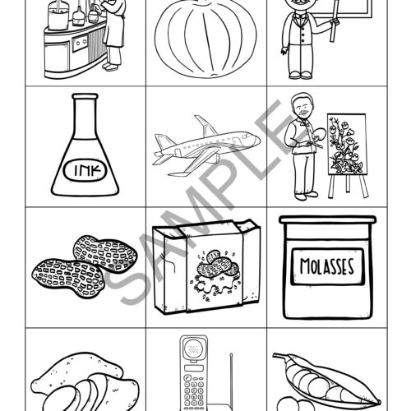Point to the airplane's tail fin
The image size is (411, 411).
pyautogui.click(x=162, y=141)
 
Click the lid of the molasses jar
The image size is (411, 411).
pyautogui.click(x=327, y=220)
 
